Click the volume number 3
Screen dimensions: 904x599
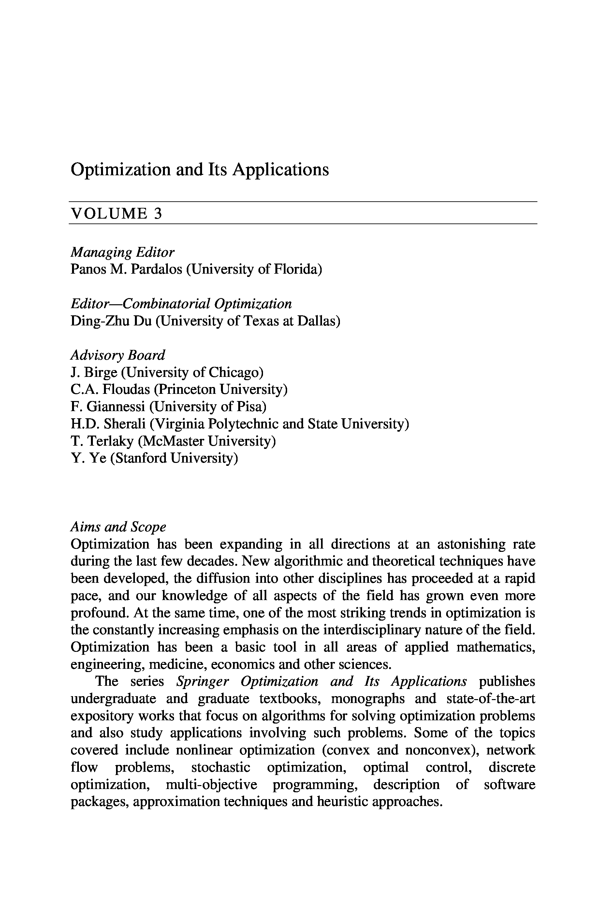(158, 213)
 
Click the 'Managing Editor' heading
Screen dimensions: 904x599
(122, 252)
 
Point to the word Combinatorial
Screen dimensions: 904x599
(167, 304)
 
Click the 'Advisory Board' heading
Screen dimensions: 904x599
(118, 355)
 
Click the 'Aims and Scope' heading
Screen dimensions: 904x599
(118, 527)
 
